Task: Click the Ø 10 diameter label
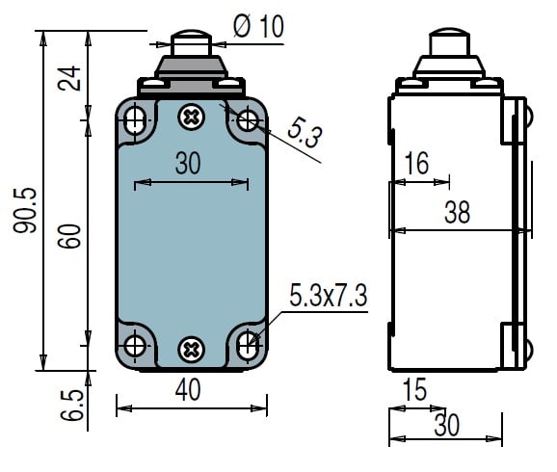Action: [x=258, y=26]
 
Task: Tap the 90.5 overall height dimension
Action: [x=25, y=210]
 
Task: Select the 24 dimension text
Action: [x=69, y=78]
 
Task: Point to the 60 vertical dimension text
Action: [x=69, y=236]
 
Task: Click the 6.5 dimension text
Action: [x=72, y=406]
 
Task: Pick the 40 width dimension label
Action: [x=188, y=389]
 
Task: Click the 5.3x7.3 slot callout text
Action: [x=329, y=295]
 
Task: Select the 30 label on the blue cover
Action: [x=188, y=163]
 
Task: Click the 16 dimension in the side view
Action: [x=417, y=163]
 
